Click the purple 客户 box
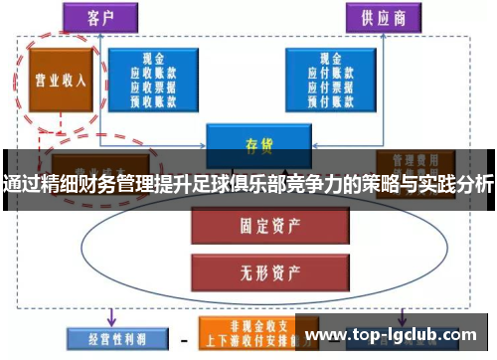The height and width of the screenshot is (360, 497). (99, 17)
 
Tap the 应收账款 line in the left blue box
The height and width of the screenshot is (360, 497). (153, 73)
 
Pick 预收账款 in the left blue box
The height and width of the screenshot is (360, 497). (153, 98)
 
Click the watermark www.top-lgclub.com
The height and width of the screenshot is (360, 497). (396, 333)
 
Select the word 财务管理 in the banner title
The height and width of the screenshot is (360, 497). (116, 184)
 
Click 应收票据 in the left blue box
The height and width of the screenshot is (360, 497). (153, 86)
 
